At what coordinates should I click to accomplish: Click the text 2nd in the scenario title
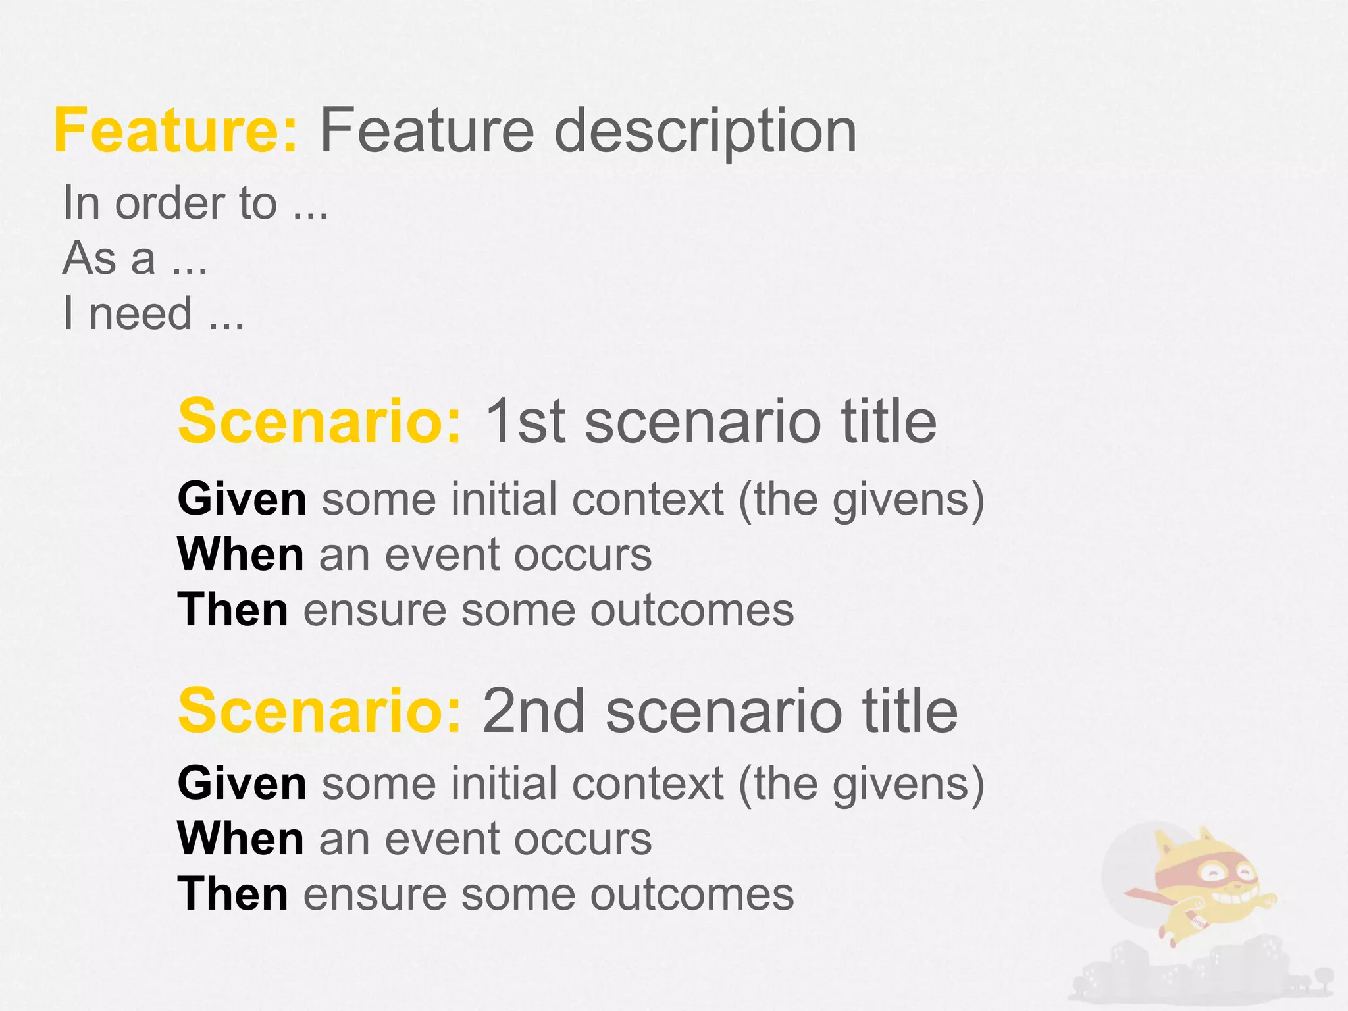point(534,711)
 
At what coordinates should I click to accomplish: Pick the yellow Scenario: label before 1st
point(321,421)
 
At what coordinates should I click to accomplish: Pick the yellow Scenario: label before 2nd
point(321,711)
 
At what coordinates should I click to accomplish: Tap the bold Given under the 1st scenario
point(242,499)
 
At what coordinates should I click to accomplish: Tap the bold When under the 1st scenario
point(241,554)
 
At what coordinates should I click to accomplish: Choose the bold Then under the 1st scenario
point(233,609)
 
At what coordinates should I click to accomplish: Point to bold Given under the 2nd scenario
point(242,783)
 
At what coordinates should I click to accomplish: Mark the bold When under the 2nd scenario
point(241,839)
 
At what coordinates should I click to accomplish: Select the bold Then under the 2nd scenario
point(233,894)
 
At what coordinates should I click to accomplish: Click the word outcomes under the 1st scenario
point(692,611)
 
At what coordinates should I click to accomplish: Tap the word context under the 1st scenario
point(648,499)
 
